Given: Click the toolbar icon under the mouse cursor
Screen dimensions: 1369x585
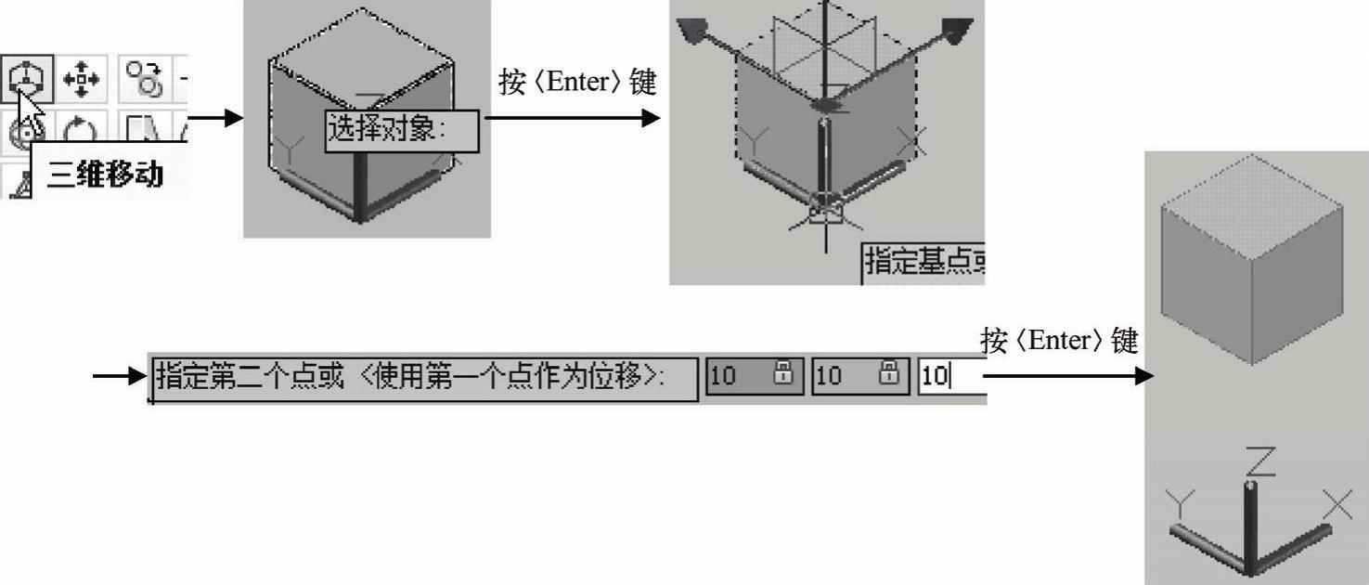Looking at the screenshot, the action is point(27,78).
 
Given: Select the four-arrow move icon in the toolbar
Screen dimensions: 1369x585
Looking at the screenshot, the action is point(82,79).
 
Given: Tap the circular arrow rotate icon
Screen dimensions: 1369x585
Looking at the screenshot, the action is point(80,130).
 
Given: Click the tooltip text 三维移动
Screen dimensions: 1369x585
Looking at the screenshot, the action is point(105,175).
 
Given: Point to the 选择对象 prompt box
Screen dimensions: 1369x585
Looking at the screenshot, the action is point(402,131).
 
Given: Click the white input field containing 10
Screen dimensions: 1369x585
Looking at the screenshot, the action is point(952,376).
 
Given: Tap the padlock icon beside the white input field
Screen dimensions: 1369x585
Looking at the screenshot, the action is point(888,372).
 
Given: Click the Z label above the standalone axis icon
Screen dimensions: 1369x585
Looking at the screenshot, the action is point(1260,461).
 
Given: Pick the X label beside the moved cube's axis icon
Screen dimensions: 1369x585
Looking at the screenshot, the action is point(1337,503).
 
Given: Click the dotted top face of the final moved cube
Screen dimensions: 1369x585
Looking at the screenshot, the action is point(1252,207).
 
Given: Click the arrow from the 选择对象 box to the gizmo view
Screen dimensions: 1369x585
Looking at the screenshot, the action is point(573,118).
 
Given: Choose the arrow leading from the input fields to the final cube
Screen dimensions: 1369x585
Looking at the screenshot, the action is point(1069,376).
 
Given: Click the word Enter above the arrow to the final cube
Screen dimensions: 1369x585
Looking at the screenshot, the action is point(1059,341).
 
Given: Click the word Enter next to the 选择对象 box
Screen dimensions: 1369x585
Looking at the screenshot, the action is point(577,82).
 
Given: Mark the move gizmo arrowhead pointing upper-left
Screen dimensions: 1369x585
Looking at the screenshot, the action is point(692,30).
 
